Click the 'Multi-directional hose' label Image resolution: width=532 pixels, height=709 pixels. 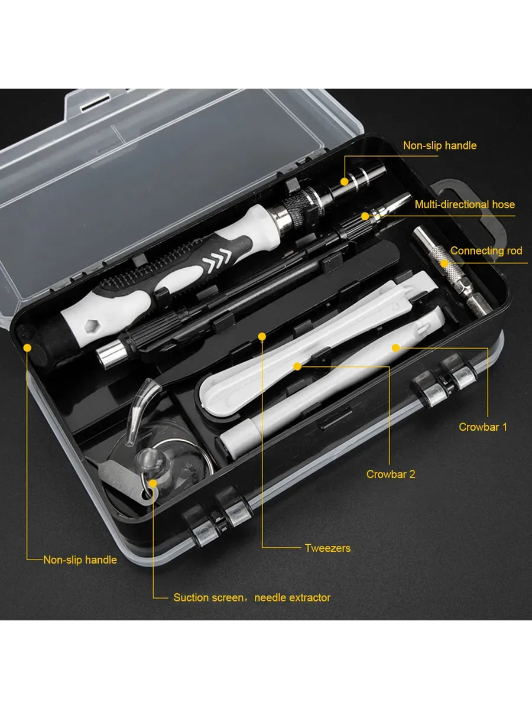[465, 204]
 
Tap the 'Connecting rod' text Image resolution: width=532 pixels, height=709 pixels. [486, 251]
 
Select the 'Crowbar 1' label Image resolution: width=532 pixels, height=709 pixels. [483, 427]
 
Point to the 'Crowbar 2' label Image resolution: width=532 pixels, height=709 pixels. [391, 474]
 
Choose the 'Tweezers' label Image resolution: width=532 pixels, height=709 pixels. [327, 548]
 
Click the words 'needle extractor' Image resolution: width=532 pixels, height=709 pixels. [293, 597]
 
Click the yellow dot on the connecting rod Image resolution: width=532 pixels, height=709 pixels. [445, 264]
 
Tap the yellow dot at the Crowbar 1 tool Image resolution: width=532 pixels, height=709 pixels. [395, 348]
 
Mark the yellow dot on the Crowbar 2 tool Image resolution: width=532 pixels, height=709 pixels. [297, 366]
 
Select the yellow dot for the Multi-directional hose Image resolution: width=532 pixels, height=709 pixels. [365, 216]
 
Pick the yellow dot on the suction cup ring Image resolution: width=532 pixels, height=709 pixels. [153, 483]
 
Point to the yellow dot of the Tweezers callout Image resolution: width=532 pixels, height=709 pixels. [262, 337]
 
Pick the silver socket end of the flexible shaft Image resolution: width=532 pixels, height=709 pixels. [112, 355]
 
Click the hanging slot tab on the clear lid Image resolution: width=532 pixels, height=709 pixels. [97, 102]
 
